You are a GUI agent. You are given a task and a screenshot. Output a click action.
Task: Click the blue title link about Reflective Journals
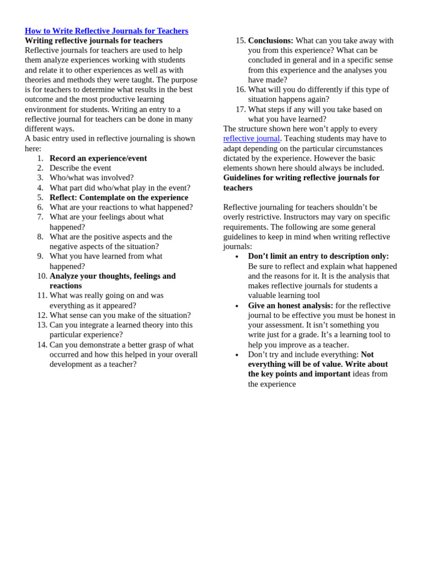(x=106, y=31)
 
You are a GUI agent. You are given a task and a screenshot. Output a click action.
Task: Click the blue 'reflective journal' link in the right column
(x=251, y=139)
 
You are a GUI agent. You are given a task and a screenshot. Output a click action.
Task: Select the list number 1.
(x=40, y=158)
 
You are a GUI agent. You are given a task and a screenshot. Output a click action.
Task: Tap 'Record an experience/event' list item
(x=98, y=158)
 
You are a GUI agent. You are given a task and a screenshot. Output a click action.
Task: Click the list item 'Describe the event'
(x=80, y=168)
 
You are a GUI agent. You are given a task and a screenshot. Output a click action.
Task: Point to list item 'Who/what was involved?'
(x=91, y=178)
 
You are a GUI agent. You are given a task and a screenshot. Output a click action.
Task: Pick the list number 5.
(x=40, y=197)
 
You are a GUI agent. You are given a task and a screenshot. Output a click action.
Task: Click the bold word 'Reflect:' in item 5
(x=63, y=197)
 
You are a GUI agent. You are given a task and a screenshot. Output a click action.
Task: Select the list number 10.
(x=42, y=276)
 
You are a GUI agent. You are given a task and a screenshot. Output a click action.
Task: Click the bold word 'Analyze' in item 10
(x=65, y=276)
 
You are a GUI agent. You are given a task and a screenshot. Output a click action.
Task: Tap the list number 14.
(x=42, y=345)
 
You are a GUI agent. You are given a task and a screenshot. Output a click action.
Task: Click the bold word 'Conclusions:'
(x=270, y=41)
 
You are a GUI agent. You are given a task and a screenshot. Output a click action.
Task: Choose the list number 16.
(x=241, y=90)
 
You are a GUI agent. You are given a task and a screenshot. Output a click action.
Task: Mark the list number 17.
(x=241, y=109)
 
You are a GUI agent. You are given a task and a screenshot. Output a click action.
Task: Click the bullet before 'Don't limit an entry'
(x=237, y=257)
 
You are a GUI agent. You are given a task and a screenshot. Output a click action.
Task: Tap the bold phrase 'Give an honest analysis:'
(x=290, y=306)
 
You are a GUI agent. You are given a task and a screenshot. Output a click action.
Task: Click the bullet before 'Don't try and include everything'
(x=237, y=355)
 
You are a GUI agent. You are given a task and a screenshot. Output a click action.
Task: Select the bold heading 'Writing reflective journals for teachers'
(x=93, y=41)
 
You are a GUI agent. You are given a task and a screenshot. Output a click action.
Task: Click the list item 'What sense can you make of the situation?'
(x=120, y=315)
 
